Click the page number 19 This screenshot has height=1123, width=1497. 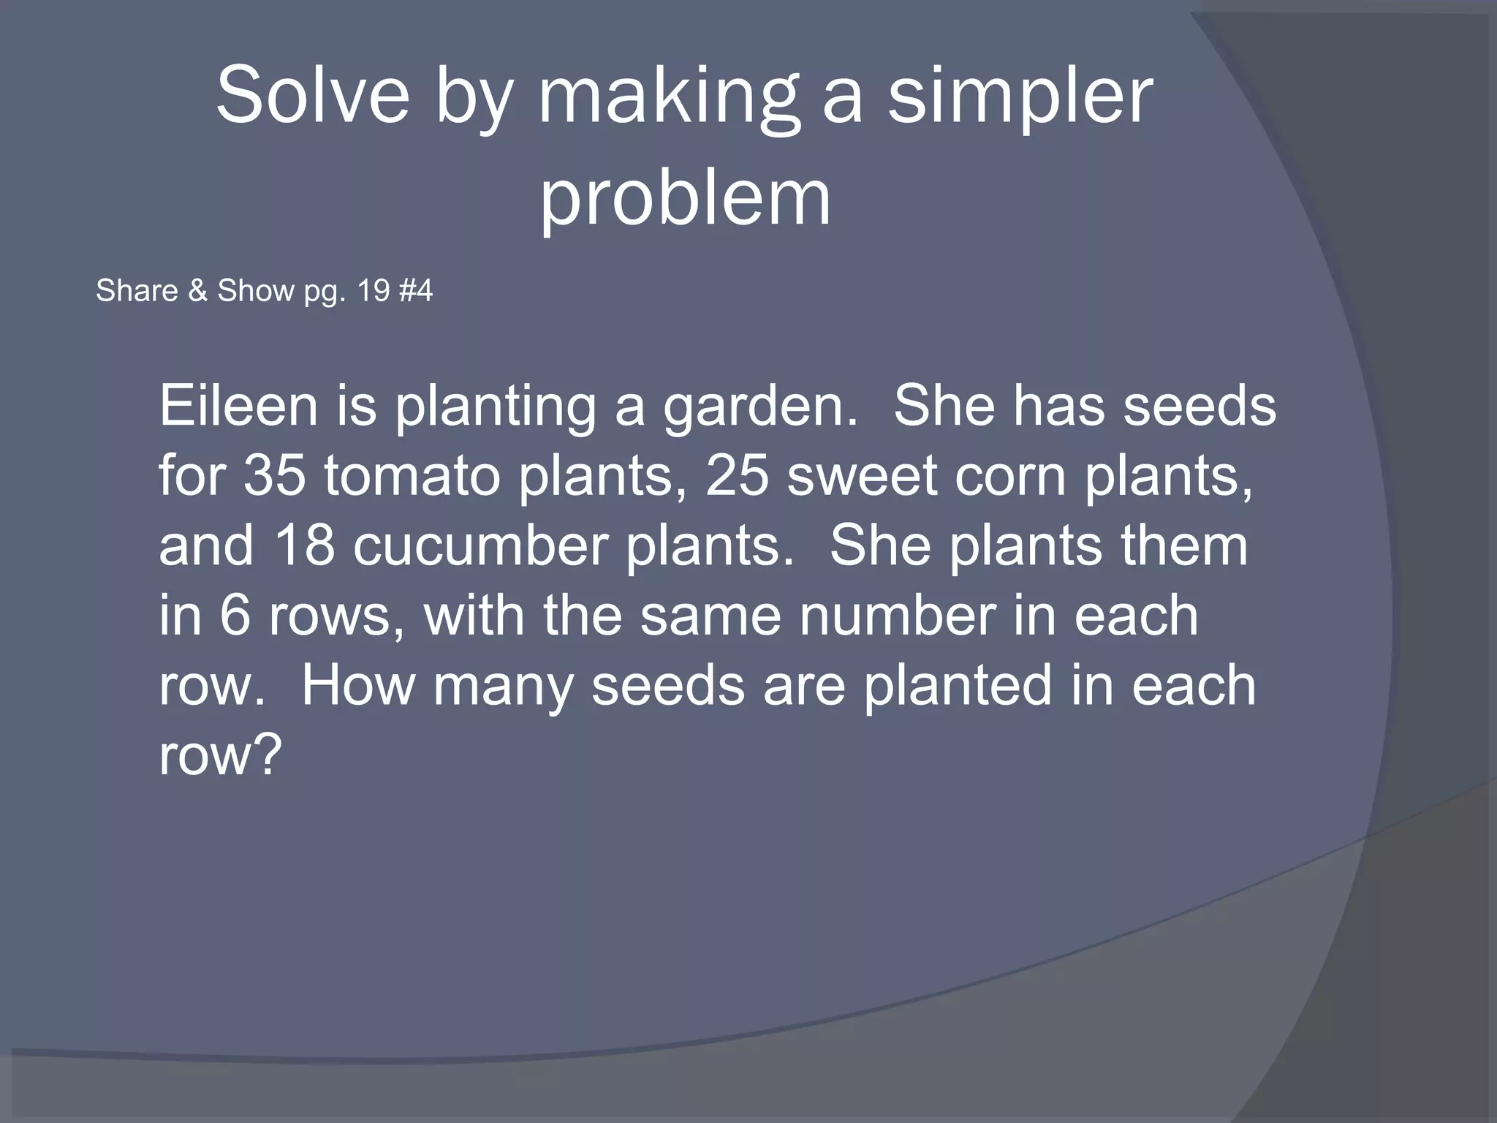[374, 291]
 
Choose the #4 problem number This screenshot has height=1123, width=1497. [417, 291]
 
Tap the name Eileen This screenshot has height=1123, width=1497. [238, 406]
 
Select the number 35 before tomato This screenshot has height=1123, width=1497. [274, 476]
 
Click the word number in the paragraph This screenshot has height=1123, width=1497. [897, 616]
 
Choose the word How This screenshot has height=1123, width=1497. [357, 686]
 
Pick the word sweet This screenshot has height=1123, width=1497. [861, 476]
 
